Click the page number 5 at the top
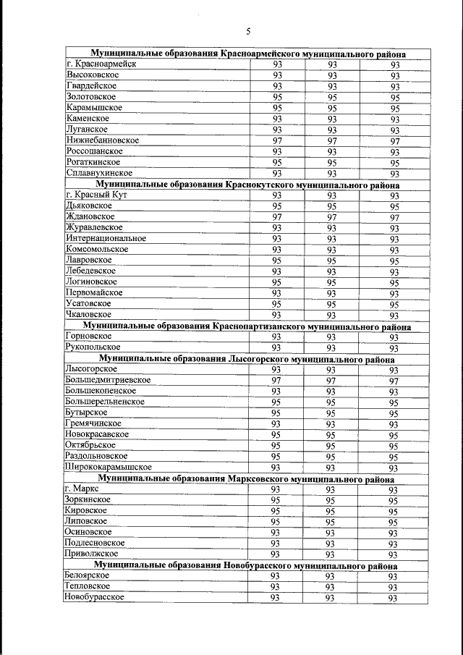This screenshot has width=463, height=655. (x=248, y=31)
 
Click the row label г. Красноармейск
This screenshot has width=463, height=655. (x=101, y=64)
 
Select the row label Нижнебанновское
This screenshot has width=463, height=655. (x=103, y=140)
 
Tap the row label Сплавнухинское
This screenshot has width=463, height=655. (x=98, y=173)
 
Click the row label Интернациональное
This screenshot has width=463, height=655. (x=106, y=238)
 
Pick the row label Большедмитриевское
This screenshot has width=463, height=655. (x=108, y=379)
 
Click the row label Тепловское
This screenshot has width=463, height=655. (x=88, y=586)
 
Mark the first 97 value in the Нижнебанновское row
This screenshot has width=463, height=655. (x=277, y=140)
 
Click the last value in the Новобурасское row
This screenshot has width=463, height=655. (x=393, y=598)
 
